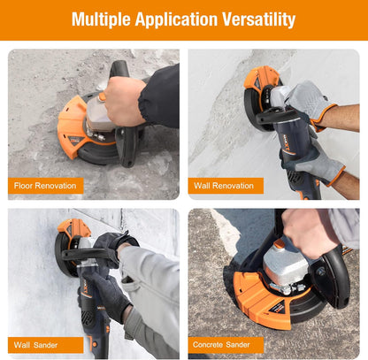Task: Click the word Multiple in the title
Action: point(101,19)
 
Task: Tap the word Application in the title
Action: point(176,19)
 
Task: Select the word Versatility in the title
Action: point(258,19)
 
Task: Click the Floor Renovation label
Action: point(45,186)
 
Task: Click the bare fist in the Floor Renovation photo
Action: point(125,101)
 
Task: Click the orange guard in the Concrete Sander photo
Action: point(259,303)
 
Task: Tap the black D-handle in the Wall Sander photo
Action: point(88,254)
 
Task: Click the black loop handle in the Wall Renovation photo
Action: point(277,117)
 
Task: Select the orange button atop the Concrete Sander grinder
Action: point(280,243)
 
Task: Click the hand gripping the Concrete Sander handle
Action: point(310,233)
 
